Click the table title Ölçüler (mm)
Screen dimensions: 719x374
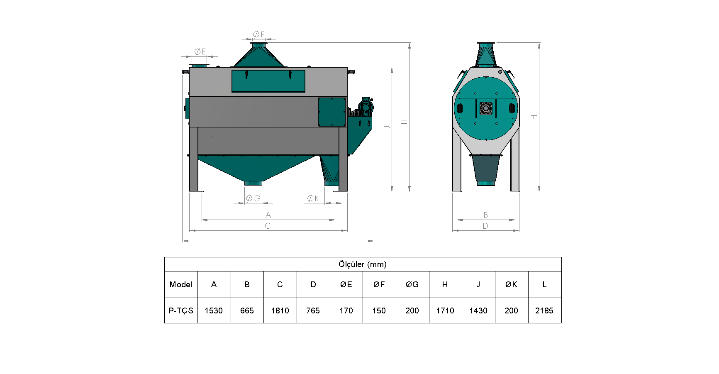[363, 264]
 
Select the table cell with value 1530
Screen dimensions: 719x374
[214, 310]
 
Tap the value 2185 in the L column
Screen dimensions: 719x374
[544, 310]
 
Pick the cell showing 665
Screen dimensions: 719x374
[247, 310]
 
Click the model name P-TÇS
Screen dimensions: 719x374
[181, 310]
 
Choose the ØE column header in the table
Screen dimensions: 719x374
[346, 284]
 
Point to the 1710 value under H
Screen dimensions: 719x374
[445, 310]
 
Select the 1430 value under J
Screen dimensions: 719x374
[478, 310]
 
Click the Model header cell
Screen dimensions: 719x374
[181, 284]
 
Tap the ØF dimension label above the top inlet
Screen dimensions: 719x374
[258, 34]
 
